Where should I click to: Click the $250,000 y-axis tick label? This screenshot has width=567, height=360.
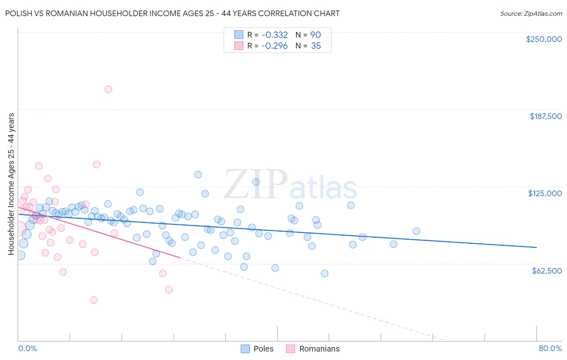click(544, 39)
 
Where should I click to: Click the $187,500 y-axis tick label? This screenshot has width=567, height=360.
click(545, 116)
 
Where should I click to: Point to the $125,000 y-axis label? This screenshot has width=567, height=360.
click(545, 193)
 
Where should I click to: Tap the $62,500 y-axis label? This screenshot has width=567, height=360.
click(546, 271)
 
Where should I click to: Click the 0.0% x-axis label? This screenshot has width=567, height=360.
click(27, 348)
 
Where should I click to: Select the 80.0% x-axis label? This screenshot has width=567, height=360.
click(550, 348)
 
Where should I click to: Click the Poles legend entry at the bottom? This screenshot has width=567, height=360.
click(257, 349)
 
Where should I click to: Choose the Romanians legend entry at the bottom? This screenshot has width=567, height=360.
click(313, 349)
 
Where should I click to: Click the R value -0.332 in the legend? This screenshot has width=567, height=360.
click(274, 35)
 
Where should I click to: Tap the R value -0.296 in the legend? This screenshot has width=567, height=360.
click(274, 46)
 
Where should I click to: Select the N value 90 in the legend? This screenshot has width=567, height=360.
click(315, 35)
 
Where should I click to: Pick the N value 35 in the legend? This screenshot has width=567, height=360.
click(316, 46)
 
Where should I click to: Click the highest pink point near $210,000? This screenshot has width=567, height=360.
click(108, 89)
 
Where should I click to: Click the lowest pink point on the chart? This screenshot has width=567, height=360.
click(94, 300)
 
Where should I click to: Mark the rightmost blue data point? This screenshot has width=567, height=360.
click(416, 231)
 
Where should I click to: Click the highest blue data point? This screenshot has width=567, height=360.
click(198, 174)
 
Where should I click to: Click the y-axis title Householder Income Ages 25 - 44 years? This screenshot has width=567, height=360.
click(11, 184)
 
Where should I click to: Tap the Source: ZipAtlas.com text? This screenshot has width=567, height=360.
click(531, 13)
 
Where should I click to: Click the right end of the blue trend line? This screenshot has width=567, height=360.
click(536, 247)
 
